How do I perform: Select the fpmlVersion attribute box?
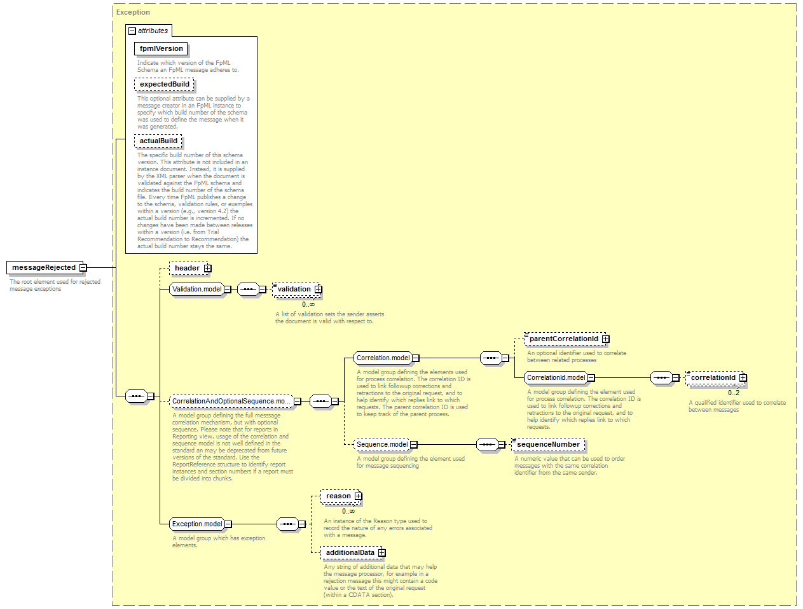coord(161,48)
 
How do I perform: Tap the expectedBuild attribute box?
coord(164,84)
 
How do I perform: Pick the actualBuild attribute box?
coord(158,141)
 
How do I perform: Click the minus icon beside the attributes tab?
coord(132,31)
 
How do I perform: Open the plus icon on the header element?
coord(208,269)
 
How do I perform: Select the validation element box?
coord(297,289)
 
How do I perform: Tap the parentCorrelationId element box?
coord(566,339)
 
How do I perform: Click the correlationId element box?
coord(716,378)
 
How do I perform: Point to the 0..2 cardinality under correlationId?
coord(733,393)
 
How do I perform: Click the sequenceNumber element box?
coord(548,444)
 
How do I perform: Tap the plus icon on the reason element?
coord(358,496)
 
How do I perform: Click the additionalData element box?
coord(353,552)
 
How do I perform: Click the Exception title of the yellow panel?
coord(133,12)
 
